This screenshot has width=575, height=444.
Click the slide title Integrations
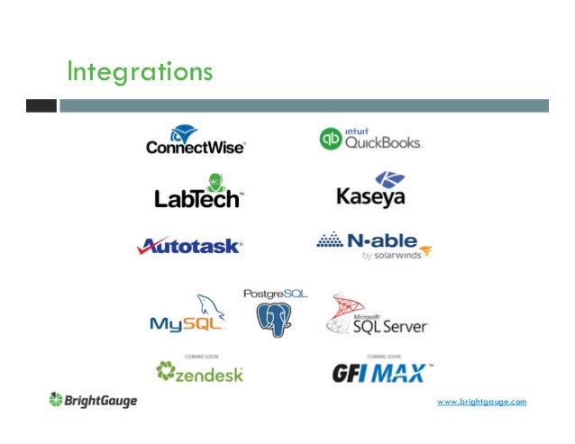140,70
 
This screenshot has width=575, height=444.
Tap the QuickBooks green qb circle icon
331,139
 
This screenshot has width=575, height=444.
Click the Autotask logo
189,245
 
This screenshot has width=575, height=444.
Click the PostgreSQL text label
275,294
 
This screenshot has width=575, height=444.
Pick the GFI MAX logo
384,372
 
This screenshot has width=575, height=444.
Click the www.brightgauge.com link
480,401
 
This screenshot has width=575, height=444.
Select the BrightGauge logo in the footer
94,400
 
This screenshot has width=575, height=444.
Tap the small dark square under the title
41,105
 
